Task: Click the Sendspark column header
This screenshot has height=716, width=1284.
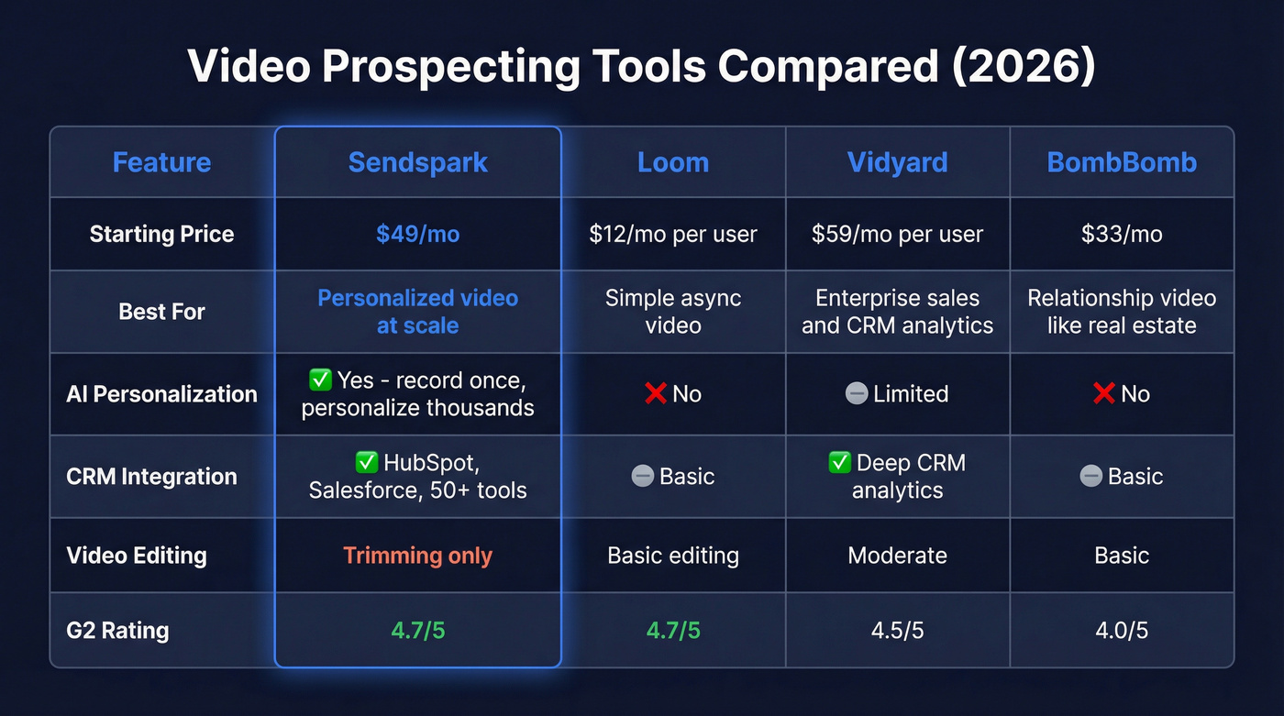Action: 417,162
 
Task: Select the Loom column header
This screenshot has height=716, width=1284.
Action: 673,162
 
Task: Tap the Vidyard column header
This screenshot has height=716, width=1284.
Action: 897,162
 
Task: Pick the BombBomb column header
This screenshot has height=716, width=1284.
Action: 1122,162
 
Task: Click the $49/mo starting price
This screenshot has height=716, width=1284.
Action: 417,234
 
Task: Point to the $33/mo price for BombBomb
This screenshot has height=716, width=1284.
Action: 1122,234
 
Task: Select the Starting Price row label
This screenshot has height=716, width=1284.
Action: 161,234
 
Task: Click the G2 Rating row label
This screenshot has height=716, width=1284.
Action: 117,631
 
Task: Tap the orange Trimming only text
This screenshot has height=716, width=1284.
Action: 417,556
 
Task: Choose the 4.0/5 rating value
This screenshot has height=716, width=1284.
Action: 1122,631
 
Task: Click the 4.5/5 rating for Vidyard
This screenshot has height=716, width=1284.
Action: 897,631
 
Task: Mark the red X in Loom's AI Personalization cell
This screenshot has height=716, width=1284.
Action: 655,394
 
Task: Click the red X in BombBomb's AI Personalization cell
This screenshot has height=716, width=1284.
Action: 1103,394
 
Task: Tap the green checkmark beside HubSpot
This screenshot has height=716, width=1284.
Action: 366,463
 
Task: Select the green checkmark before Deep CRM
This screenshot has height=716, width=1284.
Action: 839,463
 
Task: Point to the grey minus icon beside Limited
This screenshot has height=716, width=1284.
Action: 856,394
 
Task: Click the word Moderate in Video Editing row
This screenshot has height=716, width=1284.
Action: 897,556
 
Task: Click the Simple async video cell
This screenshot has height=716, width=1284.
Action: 673,312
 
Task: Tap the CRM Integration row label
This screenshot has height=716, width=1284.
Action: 151,477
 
